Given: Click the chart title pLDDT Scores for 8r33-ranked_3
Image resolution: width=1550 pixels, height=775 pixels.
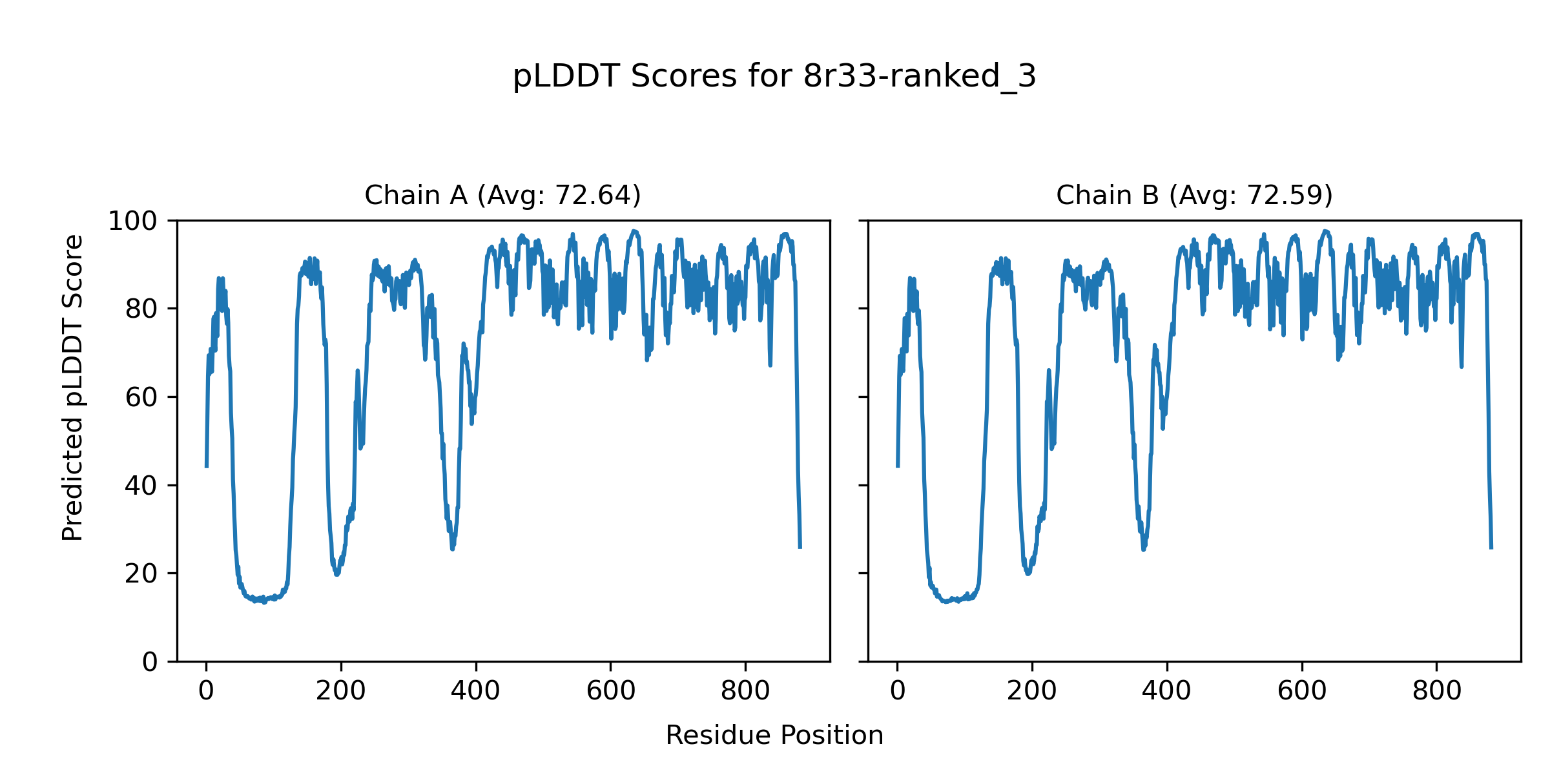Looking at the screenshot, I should coord(774,77).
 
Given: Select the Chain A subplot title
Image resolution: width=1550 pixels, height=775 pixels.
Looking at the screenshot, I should coord(502,195).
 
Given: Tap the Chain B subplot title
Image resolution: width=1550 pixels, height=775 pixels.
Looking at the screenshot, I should coord(1194,195).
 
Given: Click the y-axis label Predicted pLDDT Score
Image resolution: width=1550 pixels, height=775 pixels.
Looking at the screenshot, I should coord(73,387).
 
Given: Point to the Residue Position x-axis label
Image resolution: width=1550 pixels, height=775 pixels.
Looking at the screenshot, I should coord(774,736).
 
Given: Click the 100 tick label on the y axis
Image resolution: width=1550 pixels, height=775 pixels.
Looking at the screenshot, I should coord(132,222).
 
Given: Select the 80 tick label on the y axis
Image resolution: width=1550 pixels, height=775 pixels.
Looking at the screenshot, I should coord(141,309).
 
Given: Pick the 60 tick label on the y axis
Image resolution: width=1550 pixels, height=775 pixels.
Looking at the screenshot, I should coord(141,398).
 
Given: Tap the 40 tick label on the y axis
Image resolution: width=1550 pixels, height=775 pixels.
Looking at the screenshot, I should coord(141,486).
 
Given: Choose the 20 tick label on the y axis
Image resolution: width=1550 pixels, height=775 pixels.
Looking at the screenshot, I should coord(141,574).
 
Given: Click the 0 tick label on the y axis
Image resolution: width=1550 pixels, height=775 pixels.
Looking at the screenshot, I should coord(150,662).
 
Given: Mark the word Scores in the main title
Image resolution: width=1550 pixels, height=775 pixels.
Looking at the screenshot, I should coord(683,77).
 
